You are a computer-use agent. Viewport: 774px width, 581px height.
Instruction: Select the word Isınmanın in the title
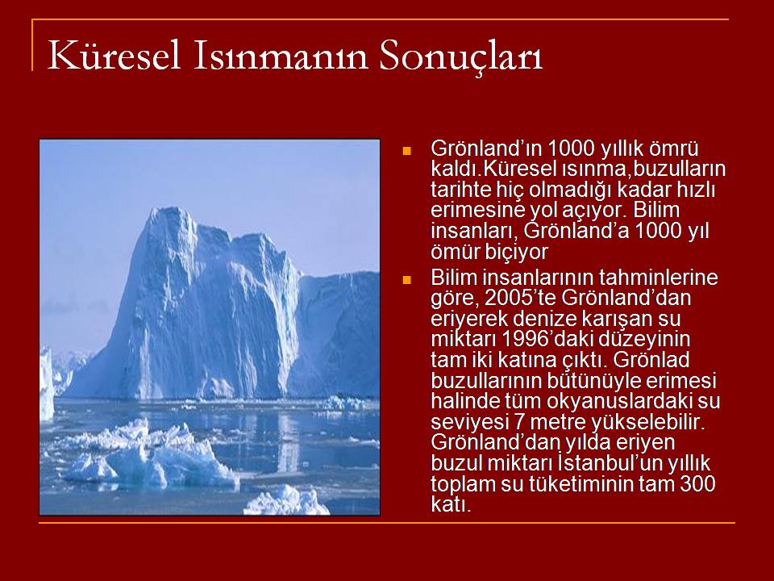280,56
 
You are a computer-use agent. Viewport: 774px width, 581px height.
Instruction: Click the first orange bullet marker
406,151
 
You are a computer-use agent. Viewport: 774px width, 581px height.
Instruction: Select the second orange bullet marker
406,280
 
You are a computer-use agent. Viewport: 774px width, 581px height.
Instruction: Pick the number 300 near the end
697,483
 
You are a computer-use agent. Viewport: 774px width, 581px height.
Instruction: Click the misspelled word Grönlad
651,359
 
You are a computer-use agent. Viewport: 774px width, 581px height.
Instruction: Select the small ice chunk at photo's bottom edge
285,501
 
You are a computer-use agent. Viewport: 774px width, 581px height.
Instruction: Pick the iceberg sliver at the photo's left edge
47,383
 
